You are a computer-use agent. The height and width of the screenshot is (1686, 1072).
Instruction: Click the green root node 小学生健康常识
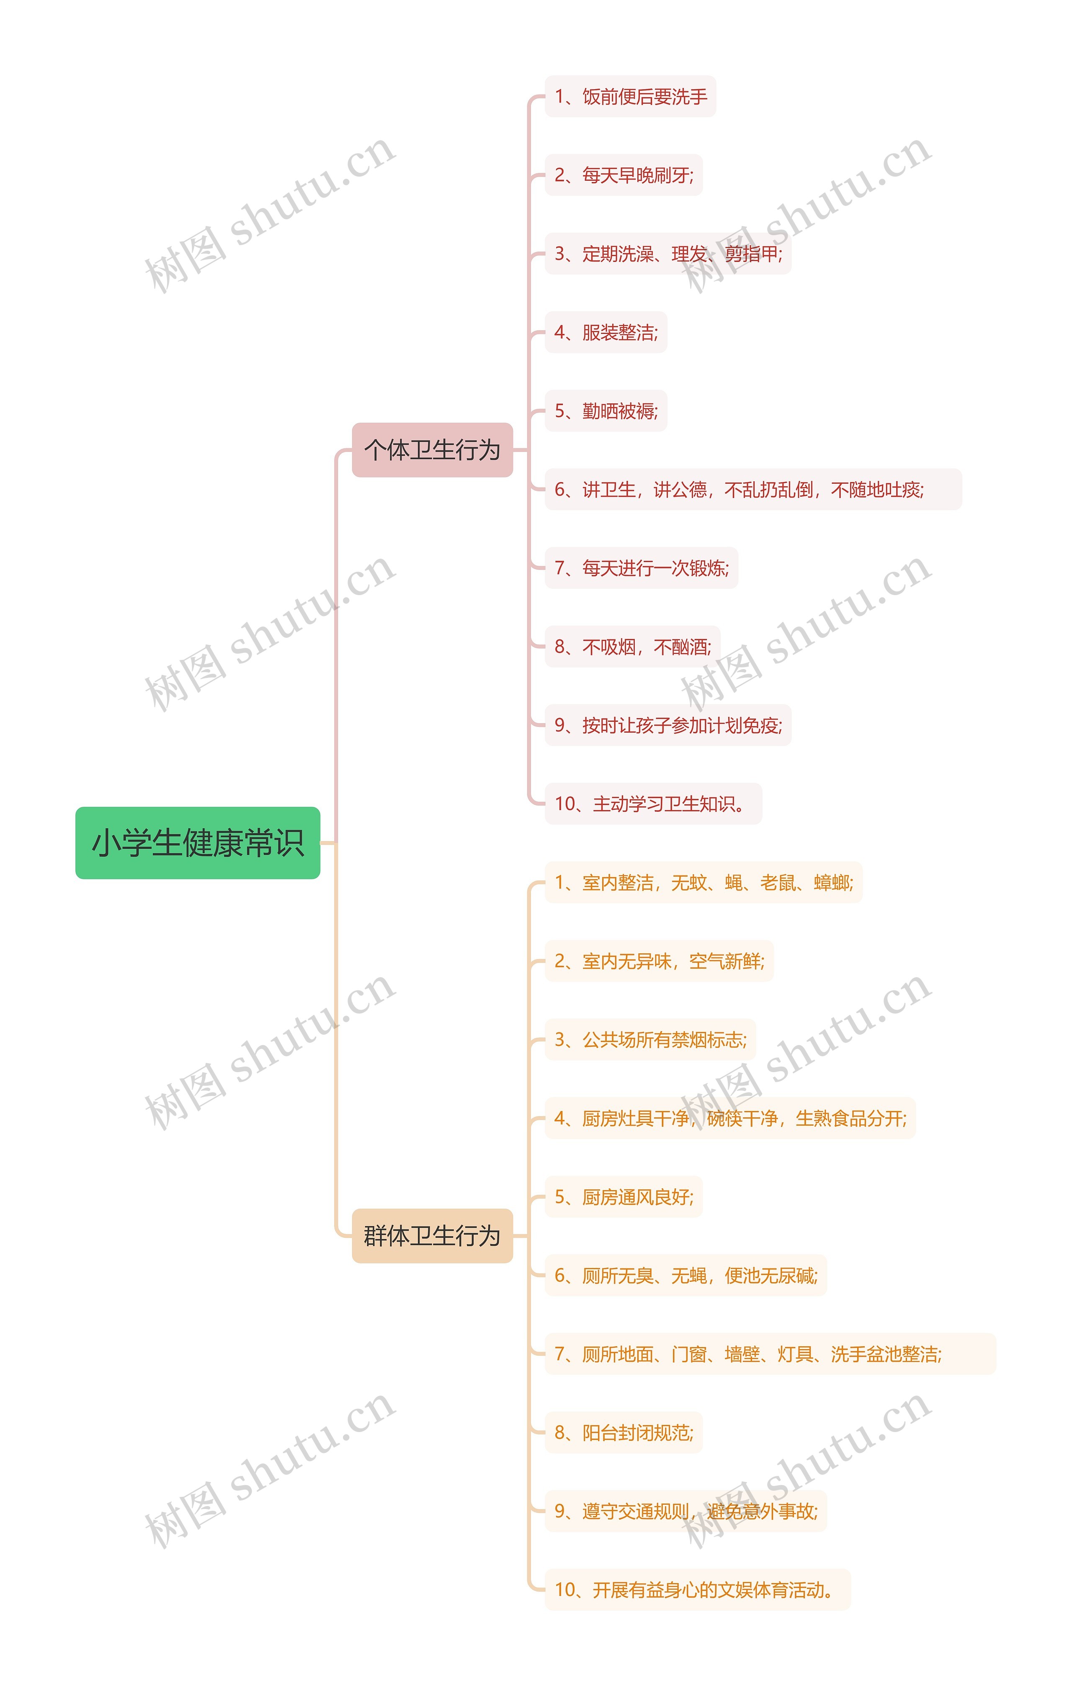point(198,842)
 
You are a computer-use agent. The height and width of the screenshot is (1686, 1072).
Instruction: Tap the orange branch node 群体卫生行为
point(432,1236)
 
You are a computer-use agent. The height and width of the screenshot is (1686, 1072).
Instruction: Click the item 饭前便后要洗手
point(631,97)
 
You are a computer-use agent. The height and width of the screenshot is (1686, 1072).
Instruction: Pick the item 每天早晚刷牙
point(624,175)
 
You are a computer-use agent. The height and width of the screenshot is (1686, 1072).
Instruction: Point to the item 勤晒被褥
point(606,411)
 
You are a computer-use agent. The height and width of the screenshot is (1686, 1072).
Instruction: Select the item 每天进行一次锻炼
point(641,568)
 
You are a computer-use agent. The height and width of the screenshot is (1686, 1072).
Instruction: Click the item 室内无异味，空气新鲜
point(659,961)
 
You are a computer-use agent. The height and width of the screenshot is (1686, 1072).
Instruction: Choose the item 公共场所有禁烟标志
point(650,1040)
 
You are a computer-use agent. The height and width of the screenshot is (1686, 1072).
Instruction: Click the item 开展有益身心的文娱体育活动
point(697,1590)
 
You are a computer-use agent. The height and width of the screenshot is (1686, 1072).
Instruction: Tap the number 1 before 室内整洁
point(559,883)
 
